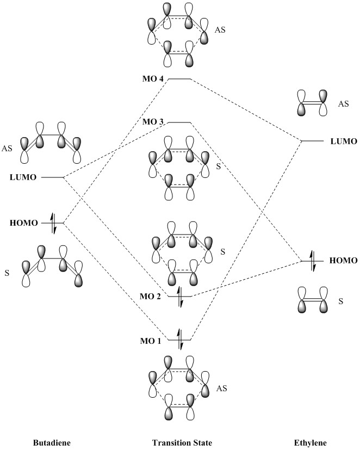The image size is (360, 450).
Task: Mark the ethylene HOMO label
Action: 344,261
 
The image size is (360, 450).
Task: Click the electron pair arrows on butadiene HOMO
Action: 53,223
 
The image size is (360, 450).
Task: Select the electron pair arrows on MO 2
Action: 179,297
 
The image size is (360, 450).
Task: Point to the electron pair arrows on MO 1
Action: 179,340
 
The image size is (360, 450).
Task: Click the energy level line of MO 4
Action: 179,79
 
